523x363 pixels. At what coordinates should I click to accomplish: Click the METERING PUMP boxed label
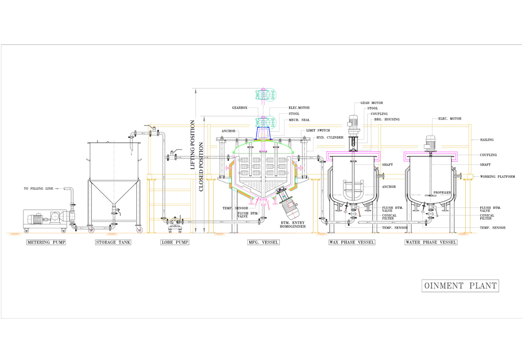[x=46, y=242]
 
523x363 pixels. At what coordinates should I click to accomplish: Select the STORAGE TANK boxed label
[x=113, y=242]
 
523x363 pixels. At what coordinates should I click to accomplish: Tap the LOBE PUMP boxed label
[x=175, y=242]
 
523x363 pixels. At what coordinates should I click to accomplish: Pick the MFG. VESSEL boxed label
[x=263, y=242]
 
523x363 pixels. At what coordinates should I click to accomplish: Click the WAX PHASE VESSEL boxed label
[x=352, y=242]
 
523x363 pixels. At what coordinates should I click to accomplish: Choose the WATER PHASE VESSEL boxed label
[x=431, y=242]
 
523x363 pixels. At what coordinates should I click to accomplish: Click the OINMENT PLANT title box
[x=460, y=286]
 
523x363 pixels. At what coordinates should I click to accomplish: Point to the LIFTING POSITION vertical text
[x=193, y=145]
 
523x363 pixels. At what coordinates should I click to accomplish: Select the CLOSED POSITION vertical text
[x=201, y=167]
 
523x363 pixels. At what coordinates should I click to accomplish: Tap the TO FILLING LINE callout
[x=39, y=189]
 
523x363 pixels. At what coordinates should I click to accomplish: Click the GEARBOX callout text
[x=240, y=108]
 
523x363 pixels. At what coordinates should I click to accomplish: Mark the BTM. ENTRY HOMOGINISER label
[x=293, y=225]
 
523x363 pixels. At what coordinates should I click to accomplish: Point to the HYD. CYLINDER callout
[x=330, y=137]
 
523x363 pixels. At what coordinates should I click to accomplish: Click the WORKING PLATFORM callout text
[x=497, y=176]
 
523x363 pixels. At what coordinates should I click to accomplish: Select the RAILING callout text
[x=487, y=140]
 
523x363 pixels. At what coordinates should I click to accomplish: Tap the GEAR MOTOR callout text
[x=372, y=103]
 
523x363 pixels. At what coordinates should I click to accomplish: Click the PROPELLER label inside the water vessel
[x=442, y=192]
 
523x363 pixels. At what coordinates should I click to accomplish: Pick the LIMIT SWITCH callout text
[x=318, y=130]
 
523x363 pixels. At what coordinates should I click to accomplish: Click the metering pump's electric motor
[x=35, y=220]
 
